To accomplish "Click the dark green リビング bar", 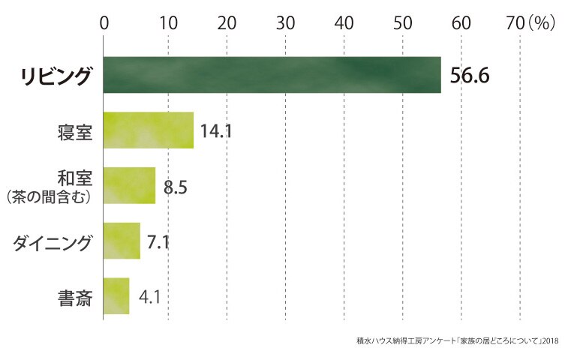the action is [272, 75].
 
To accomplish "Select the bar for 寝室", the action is [149, 130].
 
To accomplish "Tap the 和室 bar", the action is [129, 186].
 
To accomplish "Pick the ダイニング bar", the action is [122, 241].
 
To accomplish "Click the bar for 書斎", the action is [116, 296].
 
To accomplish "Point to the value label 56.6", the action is [470, 76].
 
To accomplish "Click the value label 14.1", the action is [216, 131].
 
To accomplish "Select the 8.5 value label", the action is [175, 187].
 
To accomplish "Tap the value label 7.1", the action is [158, 242].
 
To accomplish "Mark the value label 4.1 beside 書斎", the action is [150, 297].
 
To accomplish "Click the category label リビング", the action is [56, 76].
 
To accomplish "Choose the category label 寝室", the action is [75, 132].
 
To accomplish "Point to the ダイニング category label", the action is [52, 243].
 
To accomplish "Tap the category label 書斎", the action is [75, 298].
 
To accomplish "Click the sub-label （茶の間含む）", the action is [49, 197].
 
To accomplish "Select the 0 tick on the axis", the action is [104, 23].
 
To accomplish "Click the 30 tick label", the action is [285, 23].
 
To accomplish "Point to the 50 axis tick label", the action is [402, 23].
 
